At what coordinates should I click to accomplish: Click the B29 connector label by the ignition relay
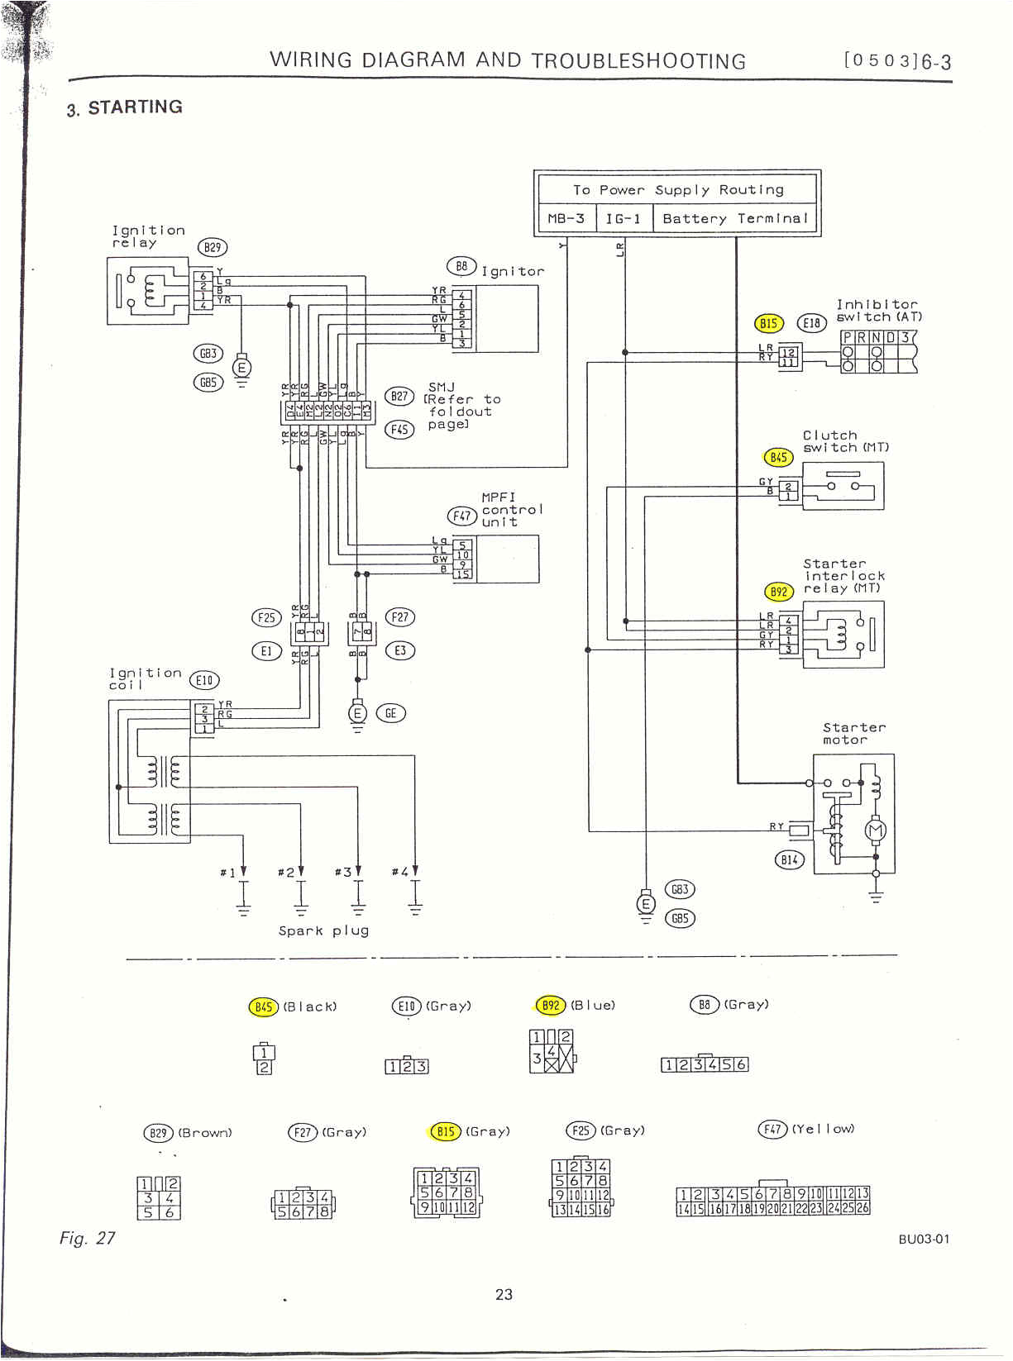click(x=213, y=247)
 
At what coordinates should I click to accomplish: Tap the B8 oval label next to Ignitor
click(x=461, y=266)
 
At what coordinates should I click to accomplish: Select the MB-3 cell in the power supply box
click(x=566, y=219)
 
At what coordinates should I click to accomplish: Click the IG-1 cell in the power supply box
click(x=623, y=219)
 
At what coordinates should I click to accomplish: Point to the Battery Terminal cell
click(x=734, y=219)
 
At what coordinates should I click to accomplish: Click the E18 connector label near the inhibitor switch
click(x=811, y=323)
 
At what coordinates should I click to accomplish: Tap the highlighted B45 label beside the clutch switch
click(x=778, y=457)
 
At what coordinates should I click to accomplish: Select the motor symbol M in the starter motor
click(x=875, y=830)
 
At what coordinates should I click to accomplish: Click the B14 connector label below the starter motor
click(x=789, y=859)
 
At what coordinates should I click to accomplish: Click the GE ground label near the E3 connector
click(x=390, y=712)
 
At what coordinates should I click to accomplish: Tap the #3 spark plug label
click(x=343, y=872)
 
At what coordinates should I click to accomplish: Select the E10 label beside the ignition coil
click(x=204, y=680)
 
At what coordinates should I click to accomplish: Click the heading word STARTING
click(x=135, y=107)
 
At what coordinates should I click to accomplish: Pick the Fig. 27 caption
click(x=87, y=1238)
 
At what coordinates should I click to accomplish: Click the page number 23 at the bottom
click(x=504, y=1294)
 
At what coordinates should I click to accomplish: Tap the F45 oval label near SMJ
click(x=399, y=429)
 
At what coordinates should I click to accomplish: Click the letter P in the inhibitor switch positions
click(x=848, y=337)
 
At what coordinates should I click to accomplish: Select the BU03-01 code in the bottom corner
click(x=924, y=1239)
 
